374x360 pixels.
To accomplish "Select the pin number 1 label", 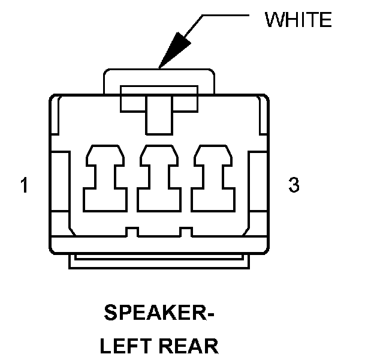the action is click(x=24, y=185).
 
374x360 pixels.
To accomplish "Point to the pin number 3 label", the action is click(x=294, y=185).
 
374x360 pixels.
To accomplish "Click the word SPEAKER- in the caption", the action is click(x=159, y=313).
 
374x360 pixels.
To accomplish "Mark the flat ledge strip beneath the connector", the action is click(x=159, y=262).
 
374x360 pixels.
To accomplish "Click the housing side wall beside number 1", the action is click(x=60, y=180).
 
